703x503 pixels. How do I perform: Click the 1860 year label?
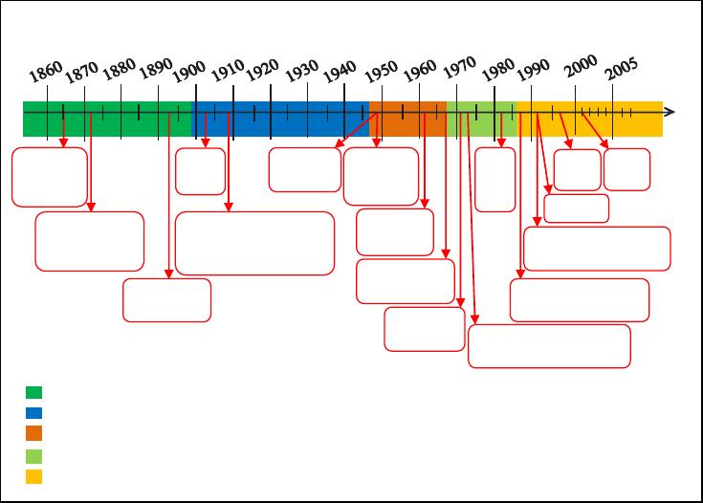tap(46, 72)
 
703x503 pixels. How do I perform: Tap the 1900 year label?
tap(188, 72)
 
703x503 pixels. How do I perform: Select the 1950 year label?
tap(381, 71)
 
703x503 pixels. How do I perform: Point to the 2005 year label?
tap(622, 69)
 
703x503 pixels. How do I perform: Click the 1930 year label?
tap(301, 71)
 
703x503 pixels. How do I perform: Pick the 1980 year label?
tap(498, 70)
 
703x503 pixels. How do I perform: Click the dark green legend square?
tap(34, 392)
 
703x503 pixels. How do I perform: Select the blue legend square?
tap(34, 413)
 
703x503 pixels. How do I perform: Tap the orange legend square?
tap(34, 433)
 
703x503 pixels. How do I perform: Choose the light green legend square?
tap(34, 456)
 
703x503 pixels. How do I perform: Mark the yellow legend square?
tap(34, 476)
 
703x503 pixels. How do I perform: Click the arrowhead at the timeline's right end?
tap(670, 112)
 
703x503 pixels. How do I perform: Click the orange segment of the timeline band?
tap(408, 119)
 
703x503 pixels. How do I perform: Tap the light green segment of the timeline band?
tap(482, 119)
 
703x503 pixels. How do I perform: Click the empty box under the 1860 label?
tap(50, 177)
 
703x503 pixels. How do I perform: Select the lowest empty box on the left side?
tap(166, 300)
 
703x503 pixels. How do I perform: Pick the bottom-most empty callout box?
tap(549, 346)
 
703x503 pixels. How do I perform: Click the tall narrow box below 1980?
tap(495, 180)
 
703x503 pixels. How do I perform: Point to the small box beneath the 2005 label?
tap(626, 169)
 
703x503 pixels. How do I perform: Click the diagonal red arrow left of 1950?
tap(357, 130)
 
